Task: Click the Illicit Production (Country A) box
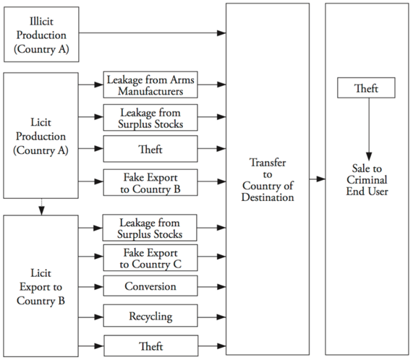[x=41, y=35]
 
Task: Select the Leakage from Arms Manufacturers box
[x=150, y=85]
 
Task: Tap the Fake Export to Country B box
[x=150, y=182]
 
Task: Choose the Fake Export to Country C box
[x=150, y=257]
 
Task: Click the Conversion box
[x=150, y=286]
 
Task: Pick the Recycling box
[x=150, y=315]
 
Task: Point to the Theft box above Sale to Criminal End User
[x=366, y=87]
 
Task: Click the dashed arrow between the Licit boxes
[x=41, y=207]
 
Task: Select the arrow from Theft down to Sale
[x=369, y=129]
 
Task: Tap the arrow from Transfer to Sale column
[x=318, y=179]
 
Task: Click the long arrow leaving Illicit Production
[x=153, y=33]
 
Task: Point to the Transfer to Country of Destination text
[x=268, y=180]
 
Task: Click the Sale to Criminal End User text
[x=367, y=180]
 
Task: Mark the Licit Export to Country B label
[x=41, y=286]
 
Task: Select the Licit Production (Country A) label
[x=41, y=136]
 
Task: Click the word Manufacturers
[x=150, y=91]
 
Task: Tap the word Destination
[x=268, y=197]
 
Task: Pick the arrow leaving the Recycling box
[x=212, y=317]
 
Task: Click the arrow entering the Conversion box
[x=91, y=286]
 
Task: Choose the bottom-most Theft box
[x=151, y=346]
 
